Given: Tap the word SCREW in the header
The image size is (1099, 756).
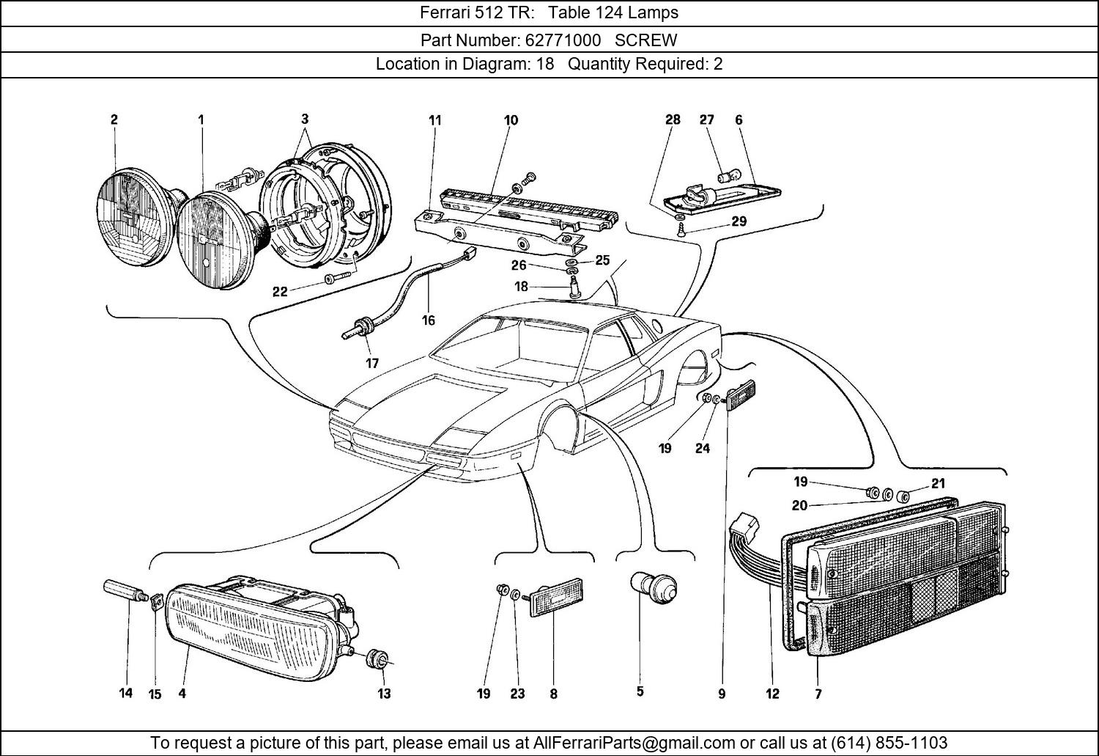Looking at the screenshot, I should [x=645, y=40].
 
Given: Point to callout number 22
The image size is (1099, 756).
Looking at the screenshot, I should [x=280, y=291].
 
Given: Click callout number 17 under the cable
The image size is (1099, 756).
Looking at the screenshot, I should [x=372, y=363].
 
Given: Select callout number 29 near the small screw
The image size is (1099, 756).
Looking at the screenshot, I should [x=739, y=221].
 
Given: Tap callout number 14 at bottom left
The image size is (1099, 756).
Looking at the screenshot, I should [x=126, y=692].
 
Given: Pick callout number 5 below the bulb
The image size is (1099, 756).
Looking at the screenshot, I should [x=640, y=691].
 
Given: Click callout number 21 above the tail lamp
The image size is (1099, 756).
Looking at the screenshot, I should [x=938, y=483].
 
